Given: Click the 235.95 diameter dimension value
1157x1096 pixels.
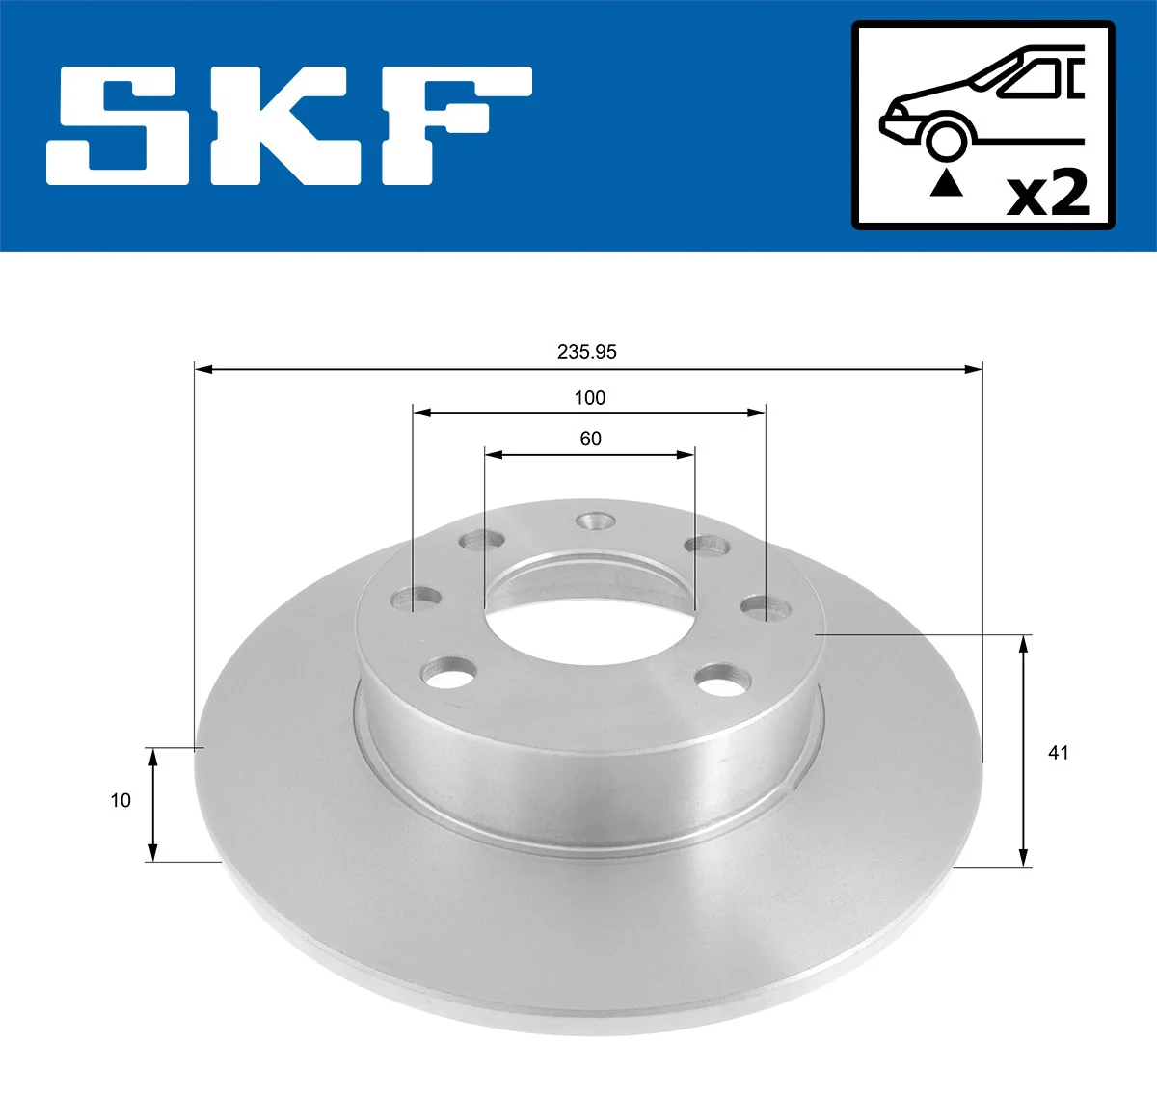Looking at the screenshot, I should pos(586,352).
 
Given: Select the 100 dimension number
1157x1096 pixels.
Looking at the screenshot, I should pos(589,397).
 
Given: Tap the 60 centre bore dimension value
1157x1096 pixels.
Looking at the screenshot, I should pos(590,439).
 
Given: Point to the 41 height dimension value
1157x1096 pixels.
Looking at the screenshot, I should pos(1058,752).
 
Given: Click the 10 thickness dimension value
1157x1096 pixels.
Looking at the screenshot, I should pos(121,800).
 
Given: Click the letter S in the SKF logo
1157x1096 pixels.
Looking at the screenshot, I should pos(121,125).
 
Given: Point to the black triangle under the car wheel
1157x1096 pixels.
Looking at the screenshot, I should pos(946,182).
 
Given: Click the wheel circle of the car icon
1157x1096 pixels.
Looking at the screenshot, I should pos(946,139).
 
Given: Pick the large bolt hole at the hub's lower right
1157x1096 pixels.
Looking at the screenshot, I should pos(723,680).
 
